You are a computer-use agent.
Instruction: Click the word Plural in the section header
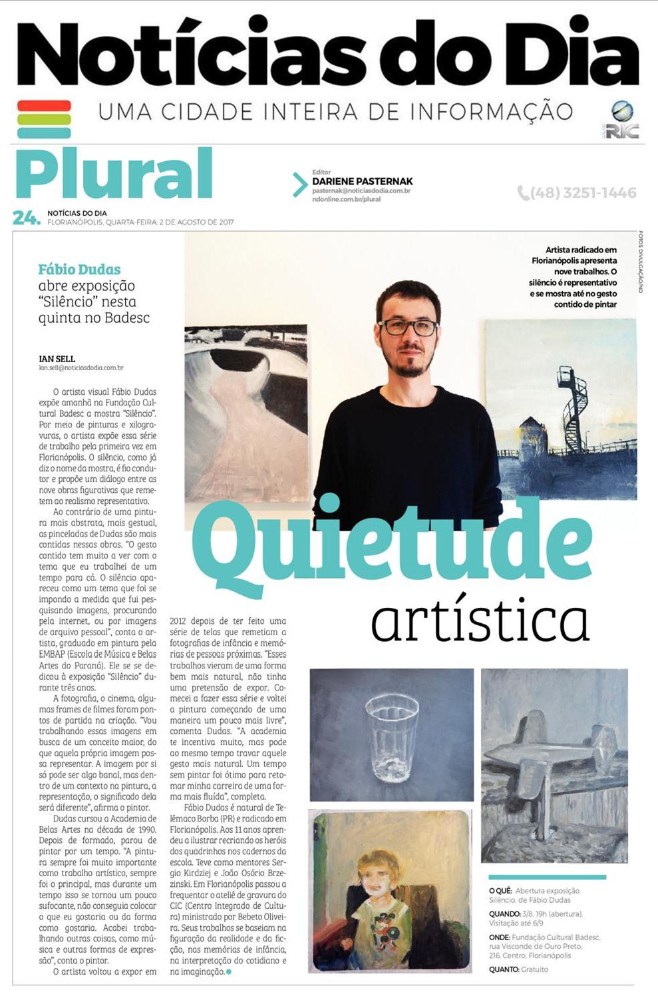coord(114,175)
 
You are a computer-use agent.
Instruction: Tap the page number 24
coord(26,218)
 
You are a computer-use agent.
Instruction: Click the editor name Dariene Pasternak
coord(362,181)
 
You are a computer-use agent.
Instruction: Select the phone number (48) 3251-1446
coord(577,193)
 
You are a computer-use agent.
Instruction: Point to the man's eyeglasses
coord(408,328)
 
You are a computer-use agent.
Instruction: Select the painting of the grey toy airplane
coord(554,766)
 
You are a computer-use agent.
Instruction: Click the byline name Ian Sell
coord(57,359)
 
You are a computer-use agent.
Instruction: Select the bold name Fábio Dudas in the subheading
coord(79,270)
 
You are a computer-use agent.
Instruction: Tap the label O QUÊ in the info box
coord(500,891)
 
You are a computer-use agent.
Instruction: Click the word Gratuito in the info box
coord(535,969)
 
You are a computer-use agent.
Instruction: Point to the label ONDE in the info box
coord(499,937)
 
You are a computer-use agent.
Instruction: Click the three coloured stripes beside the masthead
coord(44,119)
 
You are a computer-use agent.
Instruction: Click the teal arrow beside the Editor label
coord(299,184)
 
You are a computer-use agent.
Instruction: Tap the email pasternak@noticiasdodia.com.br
coord(361,191)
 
